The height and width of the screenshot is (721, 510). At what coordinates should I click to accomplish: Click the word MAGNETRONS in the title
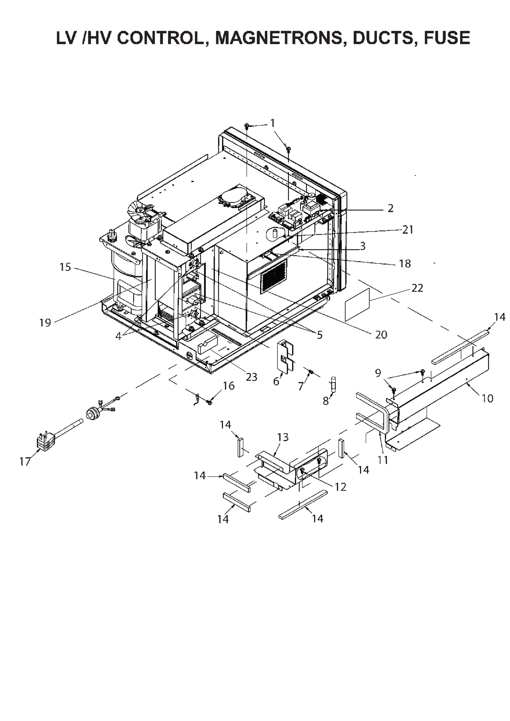point(278,38)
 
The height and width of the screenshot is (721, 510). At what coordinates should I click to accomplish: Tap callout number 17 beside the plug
point(25,462)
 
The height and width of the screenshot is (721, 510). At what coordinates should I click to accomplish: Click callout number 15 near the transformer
point(65,267)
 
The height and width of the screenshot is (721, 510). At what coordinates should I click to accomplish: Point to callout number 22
point(417,288)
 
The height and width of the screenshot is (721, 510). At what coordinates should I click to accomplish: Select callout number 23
point(251,377)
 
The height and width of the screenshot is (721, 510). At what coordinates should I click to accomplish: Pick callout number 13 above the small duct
point(283,437)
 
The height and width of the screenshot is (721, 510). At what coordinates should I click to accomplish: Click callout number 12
point(340,487)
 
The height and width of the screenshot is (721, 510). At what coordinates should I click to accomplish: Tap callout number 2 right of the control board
point(390,208)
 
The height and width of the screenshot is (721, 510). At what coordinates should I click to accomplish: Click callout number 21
point(408,230)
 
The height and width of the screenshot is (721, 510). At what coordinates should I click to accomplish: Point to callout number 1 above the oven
point(273,123)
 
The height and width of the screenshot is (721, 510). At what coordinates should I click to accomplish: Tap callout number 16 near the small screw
point(229,386)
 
